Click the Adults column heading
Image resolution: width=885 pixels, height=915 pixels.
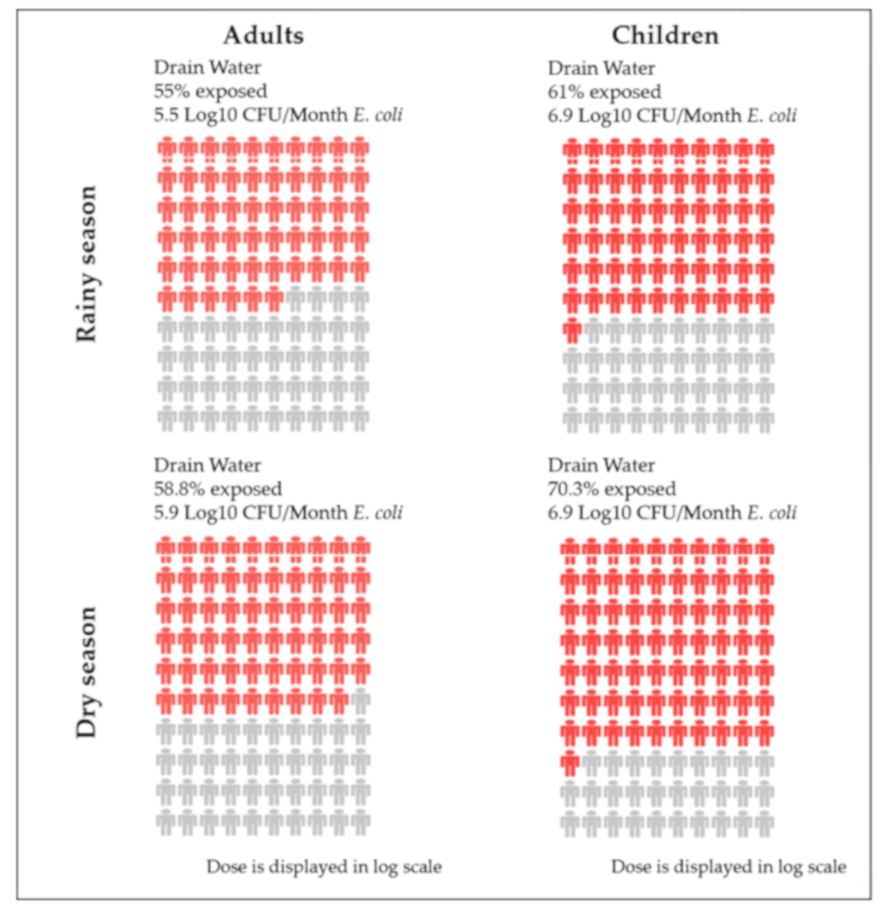pos(264,36)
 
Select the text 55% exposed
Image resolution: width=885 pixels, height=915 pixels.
pos(210,91)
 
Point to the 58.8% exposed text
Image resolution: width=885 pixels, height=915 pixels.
pos(218,489)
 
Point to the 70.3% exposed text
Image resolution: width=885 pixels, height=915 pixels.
pos(612,489)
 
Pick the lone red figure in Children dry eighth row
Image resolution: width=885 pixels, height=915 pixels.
pos(570,763)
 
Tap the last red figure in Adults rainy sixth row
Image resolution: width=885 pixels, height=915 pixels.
pos(274,299)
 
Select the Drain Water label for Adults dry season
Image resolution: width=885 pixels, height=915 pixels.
pos(207,465)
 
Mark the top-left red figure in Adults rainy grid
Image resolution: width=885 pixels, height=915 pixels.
pos(167,150)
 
